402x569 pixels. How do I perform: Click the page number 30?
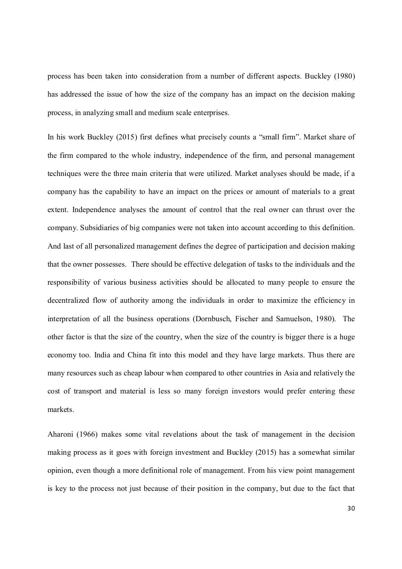(351, 509)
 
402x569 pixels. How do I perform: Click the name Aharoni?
(60, 434)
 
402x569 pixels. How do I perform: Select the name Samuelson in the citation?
(294, 318)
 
